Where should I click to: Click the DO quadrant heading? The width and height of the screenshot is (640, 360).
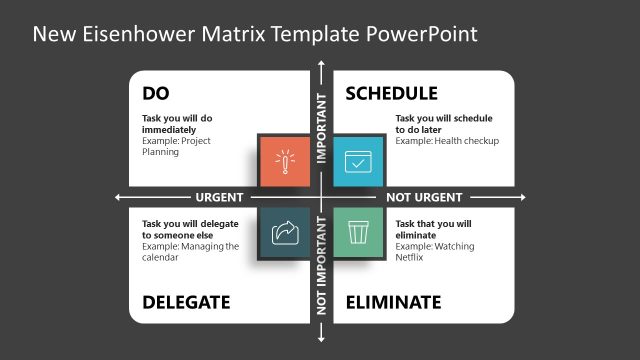pos(156,94)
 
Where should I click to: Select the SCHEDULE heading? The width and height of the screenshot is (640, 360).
pos(391,94)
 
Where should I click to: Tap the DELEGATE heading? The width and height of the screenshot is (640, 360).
pos(186,302)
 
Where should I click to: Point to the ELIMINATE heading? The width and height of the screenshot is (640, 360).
pos(393,302)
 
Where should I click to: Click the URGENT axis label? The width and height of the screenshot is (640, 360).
pos(219,197)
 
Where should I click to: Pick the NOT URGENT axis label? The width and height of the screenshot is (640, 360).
pos(424,197)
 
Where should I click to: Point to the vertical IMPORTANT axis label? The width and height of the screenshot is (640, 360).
pos(321,128)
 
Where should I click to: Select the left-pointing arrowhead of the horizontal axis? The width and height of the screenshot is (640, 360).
pos(118,197)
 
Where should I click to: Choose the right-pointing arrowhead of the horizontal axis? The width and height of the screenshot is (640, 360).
pos(526,197)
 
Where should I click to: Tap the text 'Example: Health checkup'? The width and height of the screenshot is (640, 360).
pos(447,141)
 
